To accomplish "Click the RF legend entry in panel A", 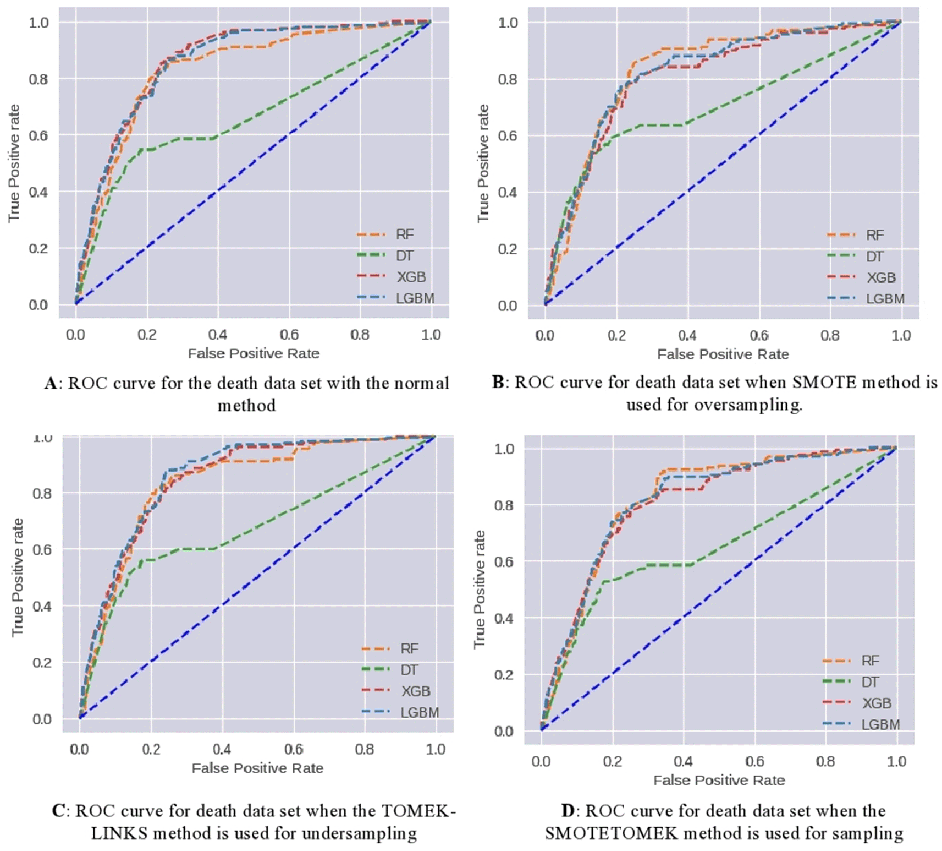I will [405, 234].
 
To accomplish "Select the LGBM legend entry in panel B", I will [885, 299].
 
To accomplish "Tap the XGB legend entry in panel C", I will [415, 691].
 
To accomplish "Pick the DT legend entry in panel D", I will [869, 682].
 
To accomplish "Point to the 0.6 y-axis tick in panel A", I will [38, 136].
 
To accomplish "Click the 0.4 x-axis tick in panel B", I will [687, 335].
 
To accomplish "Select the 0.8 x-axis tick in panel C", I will [364, 749].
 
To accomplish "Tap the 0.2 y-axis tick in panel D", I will [504, 675].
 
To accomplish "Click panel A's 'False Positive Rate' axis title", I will [254, 353].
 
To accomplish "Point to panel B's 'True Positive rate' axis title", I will [483, 163].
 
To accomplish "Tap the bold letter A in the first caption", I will [51, 383].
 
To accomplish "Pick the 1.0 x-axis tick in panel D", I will [896, 761].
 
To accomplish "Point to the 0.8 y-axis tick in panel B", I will [508, 79].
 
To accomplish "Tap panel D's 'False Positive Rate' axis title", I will [719, 780].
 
